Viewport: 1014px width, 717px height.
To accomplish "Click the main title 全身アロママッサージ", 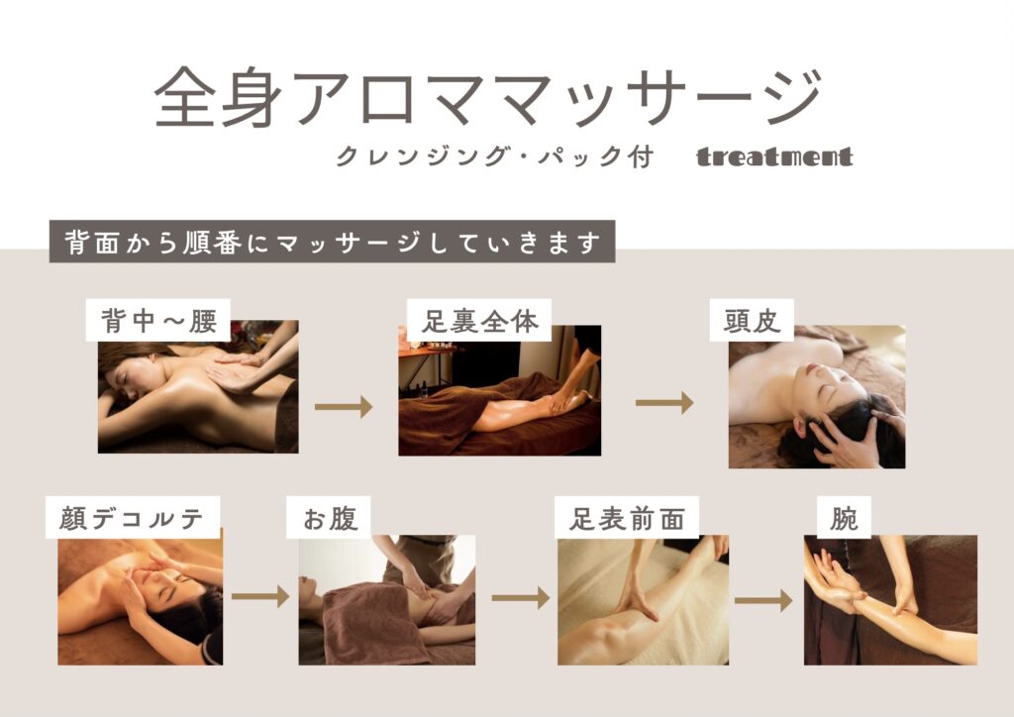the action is click(488, 97).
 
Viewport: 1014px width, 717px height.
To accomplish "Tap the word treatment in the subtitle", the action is click(774, 157).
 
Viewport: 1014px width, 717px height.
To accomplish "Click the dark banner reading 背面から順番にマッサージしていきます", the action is click(332, 242).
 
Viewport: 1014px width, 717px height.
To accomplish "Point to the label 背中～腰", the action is click(158, 320).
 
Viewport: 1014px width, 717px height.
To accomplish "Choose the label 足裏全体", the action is click(479, 320).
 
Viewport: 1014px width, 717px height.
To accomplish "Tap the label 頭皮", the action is click(752, 320).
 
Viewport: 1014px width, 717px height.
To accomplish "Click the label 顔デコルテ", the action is click(133, 517).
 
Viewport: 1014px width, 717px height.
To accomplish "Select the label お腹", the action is click(329, 517).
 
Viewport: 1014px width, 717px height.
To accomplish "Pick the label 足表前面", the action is click(627, 517).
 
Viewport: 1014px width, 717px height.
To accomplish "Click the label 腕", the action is click(844, 517).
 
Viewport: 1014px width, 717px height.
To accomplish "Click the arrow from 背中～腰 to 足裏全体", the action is click(344, 407).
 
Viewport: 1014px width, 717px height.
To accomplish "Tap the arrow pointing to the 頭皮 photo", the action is click(664, 403).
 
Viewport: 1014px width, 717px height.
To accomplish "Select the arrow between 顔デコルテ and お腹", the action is click(260, 596).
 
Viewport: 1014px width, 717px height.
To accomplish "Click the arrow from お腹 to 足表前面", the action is click(521, 598).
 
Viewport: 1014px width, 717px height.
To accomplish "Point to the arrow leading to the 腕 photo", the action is click(763, 600).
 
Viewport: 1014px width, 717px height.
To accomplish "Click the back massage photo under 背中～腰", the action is click(198, 386).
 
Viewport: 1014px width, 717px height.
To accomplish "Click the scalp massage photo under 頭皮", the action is click(817, 396).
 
